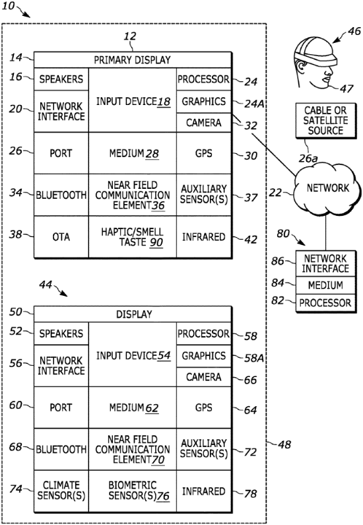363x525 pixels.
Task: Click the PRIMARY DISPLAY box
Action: [x=133, y=59]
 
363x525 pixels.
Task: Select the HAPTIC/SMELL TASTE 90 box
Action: [x=133, y=236]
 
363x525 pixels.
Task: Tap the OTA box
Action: [x=61, y=236]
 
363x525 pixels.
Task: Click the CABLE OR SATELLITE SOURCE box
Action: [x=325, y=121]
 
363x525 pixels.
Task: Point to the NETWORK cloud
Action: [x=327, y=189]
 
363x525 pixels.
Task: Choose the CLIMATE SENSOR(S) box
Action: [x=61, y=491]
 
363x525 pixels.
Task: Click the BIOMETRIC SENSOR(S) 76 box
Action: [x=133, y=491]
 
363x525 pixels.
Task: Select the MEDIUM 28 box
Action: [x=133, y=153]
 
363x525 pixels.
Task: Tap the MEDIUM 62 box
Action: [x=133, y=407]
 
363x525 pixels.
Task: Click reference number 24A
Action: [x=254, y=104]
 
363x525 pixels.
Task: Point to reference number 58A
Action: [x=254, y=359]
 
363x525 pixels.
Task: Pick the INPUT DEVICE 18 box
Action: [x=133, y=100]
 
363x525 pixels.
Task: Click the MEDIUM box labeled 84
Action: [x=325, y=285]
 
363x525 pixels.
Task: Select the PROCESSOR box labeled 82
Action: [x=325, y=303]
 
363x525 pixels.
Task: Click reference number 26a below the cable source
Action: [x=308, y=158]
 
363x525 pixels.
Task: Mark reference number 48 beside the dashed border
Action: [x=284, y=444]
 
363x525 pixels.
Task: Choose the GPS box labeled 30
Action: [x=204, y=153]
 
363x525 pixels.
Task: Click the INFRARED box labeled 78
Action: [x=204, y=491]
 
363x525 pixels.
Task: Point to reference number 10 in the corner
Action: [x=9, y=6]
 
